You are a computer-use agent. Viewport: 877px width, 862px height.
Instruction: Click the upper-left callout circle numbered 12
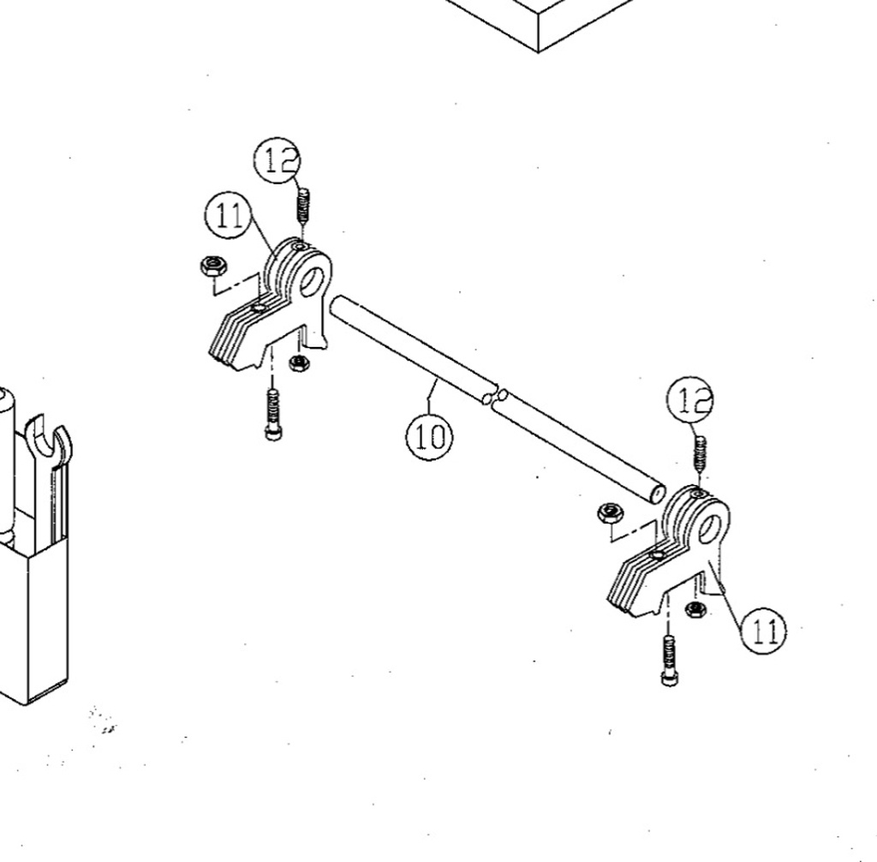click(x=277, y=160)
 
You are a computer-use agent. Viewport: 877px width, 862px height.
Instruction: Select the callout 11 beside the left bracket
click(x=228, y=215)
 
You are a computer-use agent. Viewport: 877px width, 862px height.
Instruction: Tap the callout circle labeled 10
click(x=429, y=436)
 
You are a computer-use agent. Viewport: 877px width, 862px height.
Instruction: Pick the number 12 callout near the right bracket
click(x=691, y=399)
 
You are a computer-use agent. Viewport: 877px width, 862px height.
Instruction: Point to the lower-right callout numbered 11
click(x=763, y=632)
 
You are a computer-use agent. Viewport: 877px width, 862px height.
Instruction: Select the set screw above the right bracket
click(x=700, y=452)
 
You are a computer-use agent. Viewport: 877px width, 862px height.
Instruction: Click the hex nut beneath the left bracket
click(x=299, y=363)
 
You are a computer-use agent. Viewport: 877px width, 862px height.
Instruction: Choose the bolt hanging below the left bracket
click(x=273, y=414)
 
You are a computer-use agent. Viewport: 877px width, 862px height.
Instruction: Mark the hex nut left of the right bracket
click(x=610, y=513)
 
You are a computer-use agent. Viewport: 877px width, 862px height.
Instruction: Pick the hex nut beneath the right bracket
click(x=695, y=608)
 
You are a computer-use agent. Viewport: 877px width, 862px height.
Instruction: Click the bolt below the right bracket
click(x=670, y=661)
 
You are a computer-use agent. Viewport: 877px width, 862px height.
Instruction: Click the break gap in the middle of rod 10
click(x=495, y=397)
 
